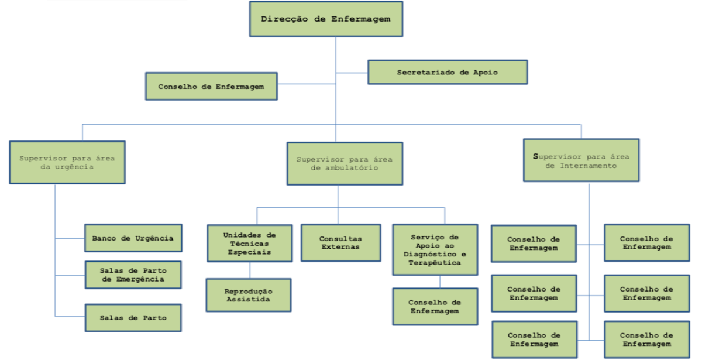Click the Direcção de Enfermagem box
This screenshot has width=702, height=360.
(x=325, y=19)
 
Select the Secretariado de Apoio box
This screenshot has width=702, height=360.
(x=448, y=73)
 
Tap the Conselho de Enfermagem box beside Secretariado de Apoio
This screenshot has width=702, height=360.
(x=211, y=87)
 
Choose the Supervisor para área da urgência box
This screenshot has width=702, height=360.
(x=67, y=163)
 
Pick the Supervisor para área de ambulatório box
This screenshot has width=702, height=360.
(x=345, y=163)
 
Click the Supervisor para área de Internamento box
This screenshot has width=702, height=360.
(x=580, y=161)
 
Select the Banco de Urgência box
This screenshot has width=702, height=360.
(x=133, y=238)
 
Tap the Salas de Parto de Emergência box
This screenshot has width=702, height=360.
(x=133, y=275)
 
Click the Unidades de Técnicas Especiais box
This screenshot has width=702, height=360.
(x=250, y=244)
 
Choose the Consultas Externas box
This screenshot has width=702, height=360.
(x=340, y=243)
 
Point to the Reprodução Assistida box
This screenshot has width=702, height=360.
(x=248, y=295)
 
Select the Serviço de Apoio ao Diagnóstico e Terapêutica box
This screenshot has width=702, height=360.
(x=435, y=250)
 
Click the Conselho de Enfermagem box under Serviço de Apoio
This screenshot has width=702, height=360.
(x=435, y=307)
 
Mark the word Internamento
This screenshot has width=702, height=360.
(x=589, y=166)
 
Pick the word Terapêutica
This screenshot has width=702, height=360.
(x=435, y=263)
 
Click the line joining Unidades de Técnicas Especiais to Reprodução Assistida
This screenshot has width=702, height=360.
(x=250, y=270)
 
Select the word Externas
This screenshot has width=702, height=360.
(x=340, y=247)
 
